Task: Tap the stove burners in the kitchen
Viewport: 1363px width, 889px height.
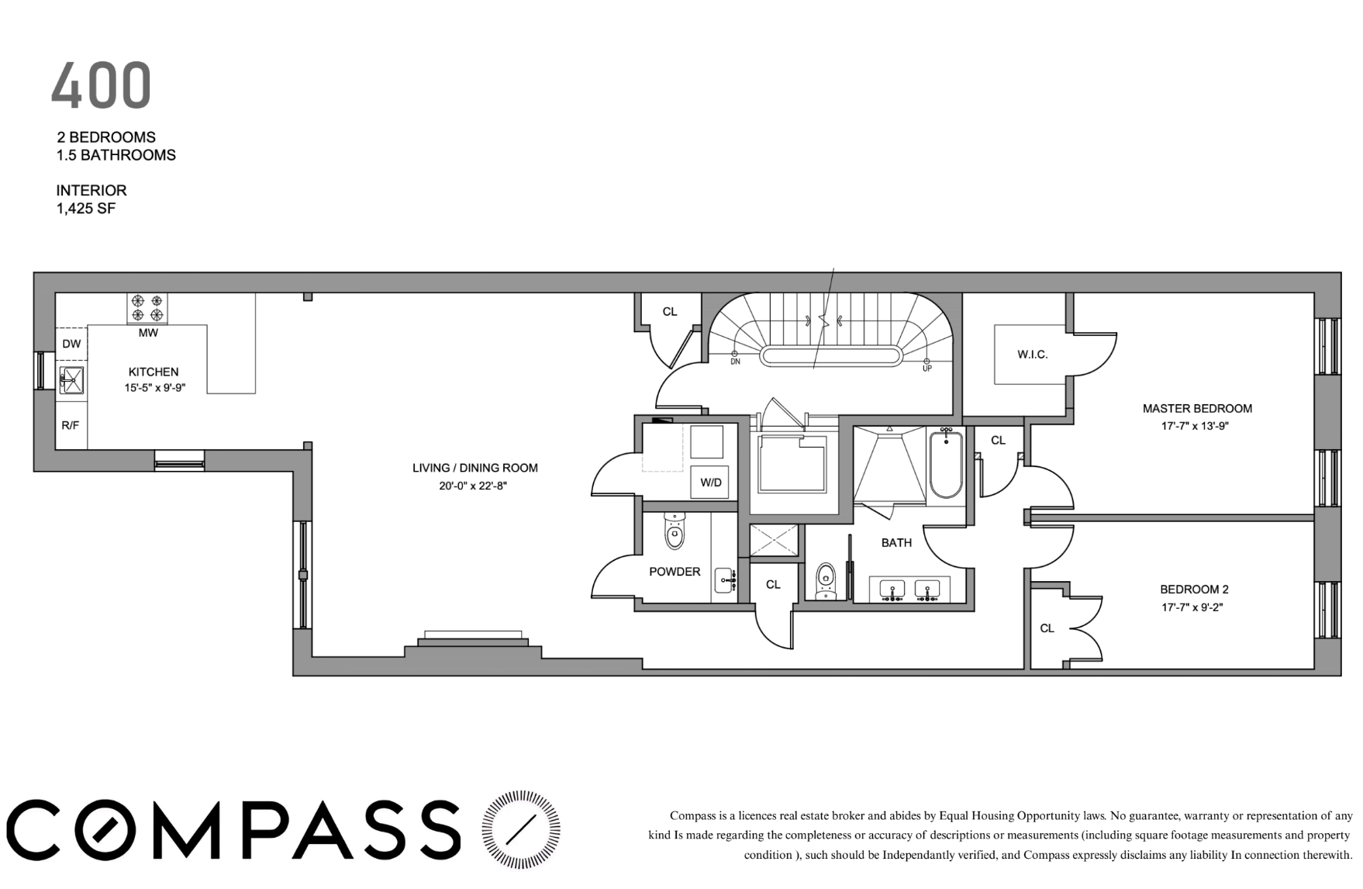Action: pos(147,308)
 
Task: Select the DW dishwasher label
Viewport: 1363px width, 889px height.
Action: pos(71,344)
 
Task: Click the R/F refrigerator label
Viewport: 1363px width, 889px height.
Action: pos(71,424)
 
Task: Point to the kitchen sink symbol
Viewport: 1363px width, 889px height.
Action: pos(72,380)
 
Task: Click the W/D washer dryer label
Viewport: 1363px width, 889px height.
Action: pos(711,483)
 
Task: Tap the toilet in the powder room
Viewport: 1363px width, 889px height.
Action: pos(675,531)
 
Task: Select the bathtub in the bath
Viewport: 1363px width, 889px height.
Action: pos(946,465)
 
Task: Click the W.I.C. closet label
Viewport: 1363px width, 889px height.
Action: pos(1033,355)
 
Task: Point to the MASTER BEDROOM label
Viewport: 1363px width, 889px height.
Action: pos(1197,408)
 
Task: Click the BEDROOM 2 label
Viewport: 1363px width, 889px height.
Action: pos(1194,590)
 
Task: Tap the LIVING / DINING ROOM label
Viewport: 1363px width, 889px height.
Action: pos(474,468)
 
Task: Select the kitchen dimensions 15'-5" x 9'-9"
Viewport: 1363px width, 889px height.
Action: pos(154,388)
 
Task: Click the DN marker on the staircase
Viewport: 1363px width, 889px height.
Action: pos(735,362)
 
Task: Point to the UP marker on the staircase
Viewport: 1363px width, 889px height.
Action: pos(926,368)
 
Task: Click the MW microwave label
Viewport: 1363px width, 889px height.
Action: pos(148,333)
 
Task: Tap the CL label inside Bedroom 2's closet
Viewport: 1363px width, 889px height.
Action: pos(1047,628)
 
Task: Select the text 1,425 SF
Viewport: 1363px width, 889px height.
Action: pos(85,209)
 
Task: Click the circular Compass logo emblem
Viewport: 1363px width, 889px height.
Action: pos(521,829)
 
